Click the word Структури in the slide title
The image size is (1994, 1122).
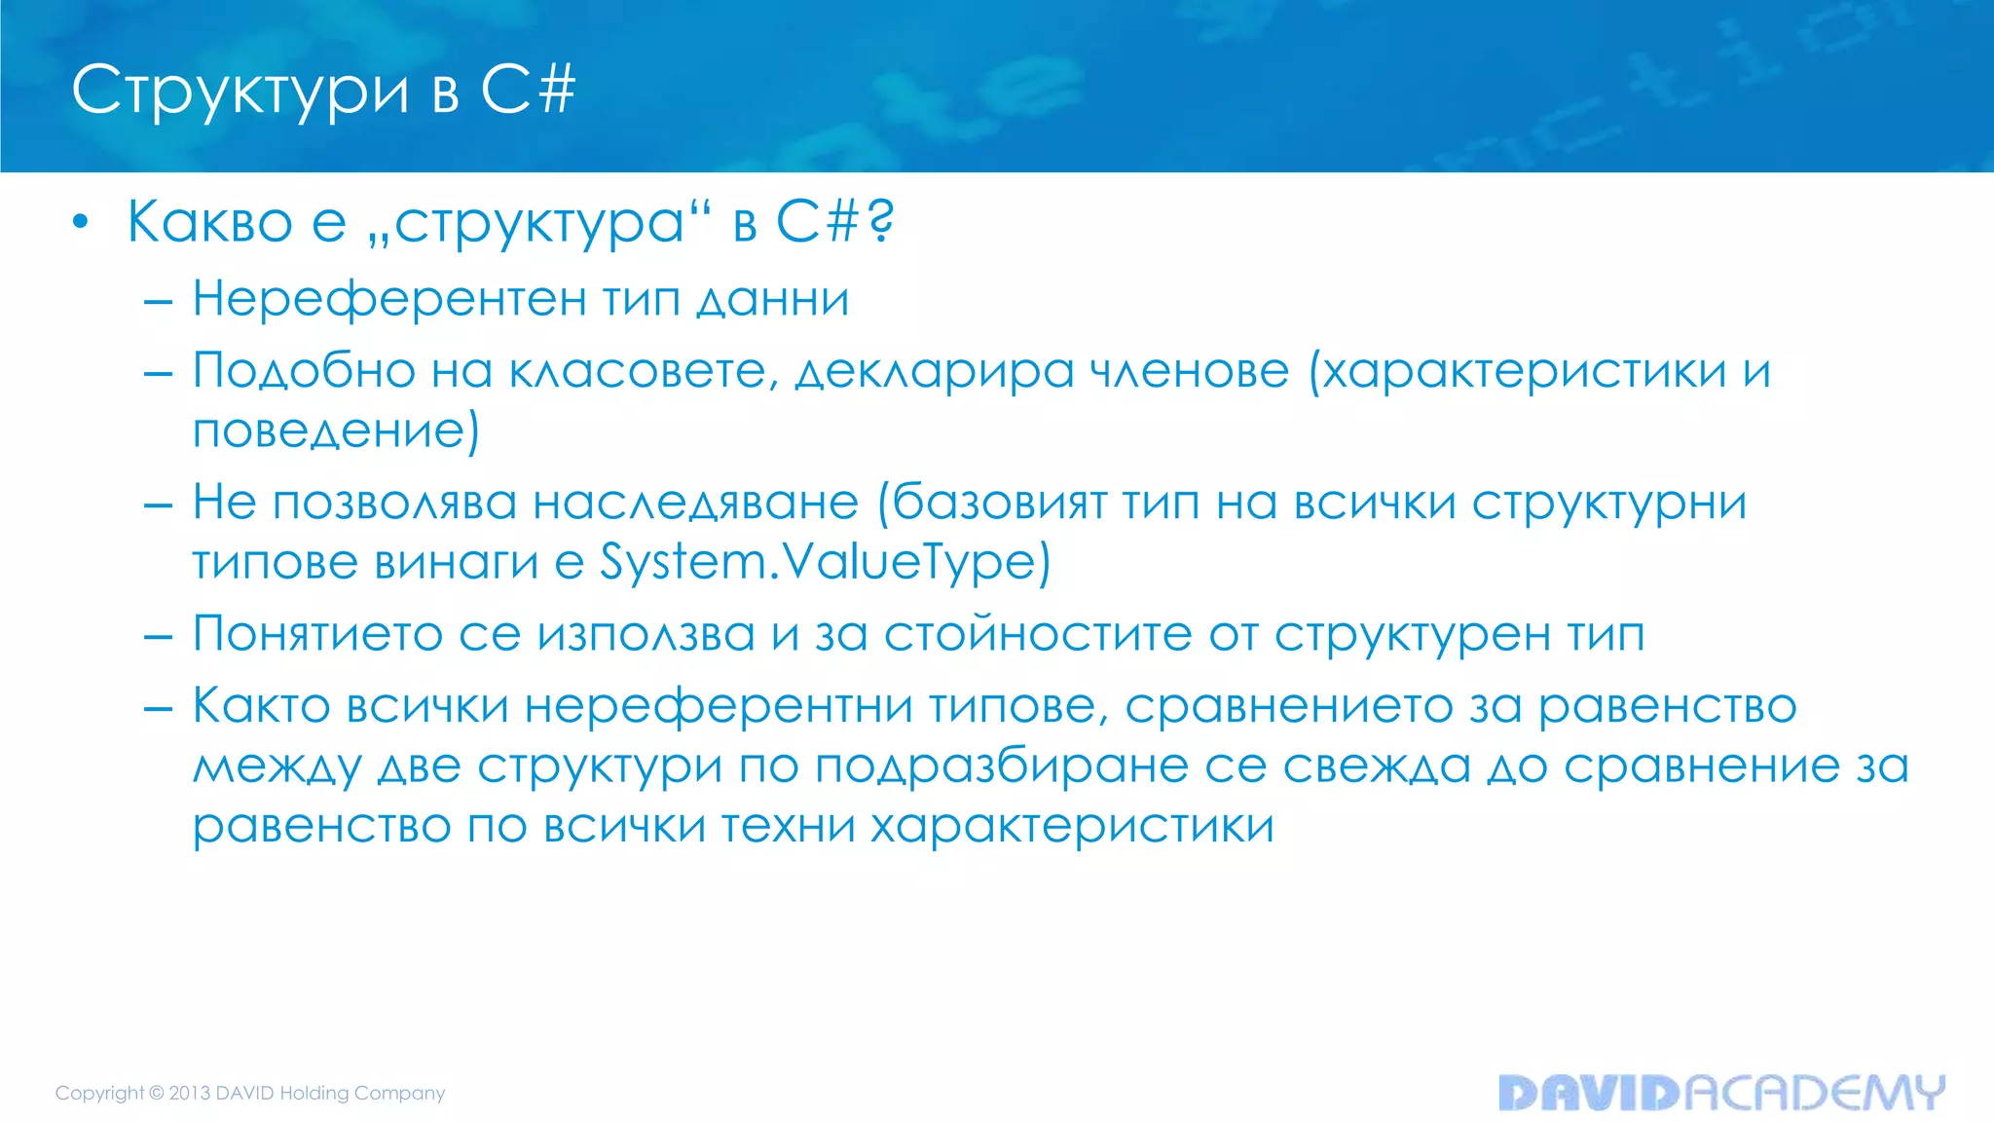(x=240, y=91)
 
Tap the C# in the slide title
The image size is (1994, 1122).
(x=528, y=90)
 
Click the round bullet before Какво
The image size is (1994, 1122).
(x=81, y=223)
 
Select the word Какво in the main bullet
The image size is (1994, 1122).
(x=209, y=222)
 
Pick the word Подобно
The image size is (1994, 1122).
(x=303, y=371)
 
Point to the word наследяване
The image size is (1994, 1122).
(x=695, y=504)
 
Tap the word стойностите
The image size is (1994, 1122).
(x=1038, y=634)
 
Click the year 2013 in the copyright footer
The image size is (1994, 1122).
(x=190, y=1093)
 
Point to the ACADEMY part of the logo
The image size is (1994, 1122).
(x=1815, y=1093)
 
